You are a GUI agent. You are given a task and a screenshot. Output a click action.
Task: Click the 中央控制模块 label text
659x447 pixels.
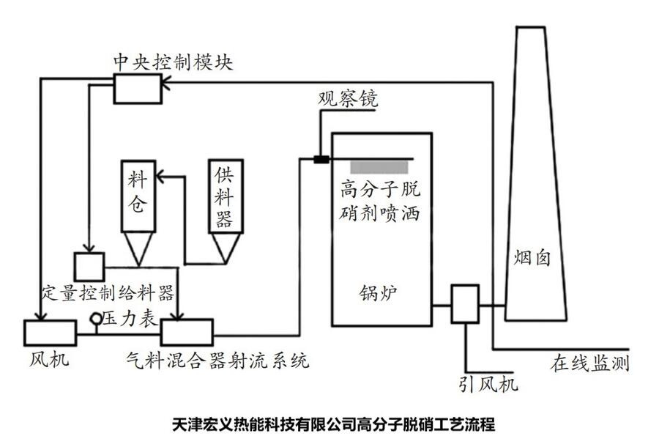pos(173,62)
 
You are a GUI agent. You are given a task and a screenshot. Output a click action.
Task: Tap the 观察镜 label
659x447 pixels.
pos(348,100)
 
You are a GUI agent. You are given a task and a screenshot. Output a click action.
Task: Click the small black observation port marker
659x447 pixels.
pos(321,159)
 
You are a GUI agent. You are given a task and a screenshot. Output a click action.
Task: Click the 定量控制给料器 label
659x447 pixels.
pos(108,294)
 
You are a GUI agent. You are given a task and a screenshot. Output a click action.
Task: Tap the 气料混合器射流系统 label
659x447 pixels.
pos(217,361)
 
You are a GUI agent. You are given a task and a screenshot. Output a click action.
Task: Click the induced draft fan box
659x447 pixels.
pos(464,303)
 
